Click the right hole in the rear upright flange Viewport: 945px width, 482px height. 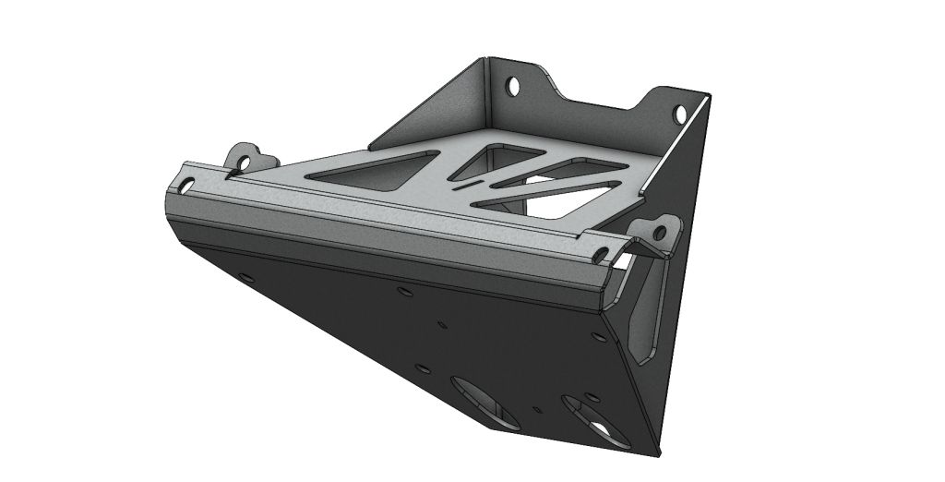[680, 114]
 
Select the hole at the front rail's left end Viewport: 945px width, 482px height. [187, 187]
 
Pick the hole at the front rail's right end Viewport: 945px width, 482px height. [601, 252]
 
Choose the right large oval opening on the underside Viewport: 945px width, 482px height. [591, 420]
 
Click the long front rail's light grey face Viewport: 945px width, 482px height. [388, 222]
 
